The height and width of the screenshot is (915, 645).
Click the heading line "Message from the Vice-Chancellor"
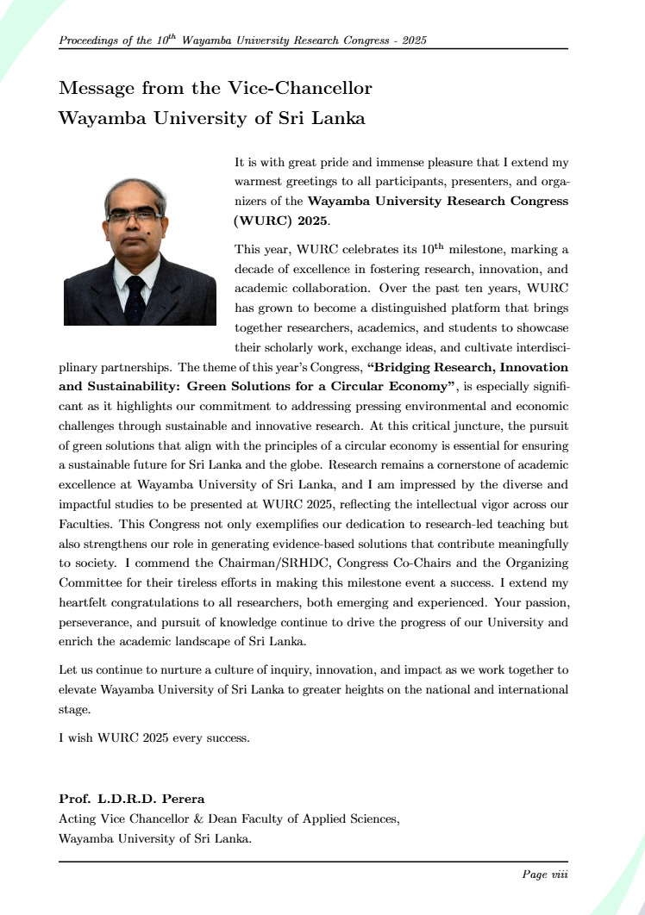point(215,88)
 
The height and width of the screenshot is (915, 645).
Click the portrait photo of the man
point(140,252)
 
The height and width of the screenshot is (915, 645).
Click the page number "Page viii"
point(544,875)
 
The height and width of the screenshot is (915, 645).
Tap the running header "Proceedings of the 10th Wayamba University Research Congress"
point(243,40)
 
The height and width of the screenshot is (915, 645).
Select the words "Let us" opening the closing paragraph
point(75,669)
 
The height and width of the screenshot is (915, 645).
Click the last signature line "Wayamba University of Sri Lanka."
point(155,837)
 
